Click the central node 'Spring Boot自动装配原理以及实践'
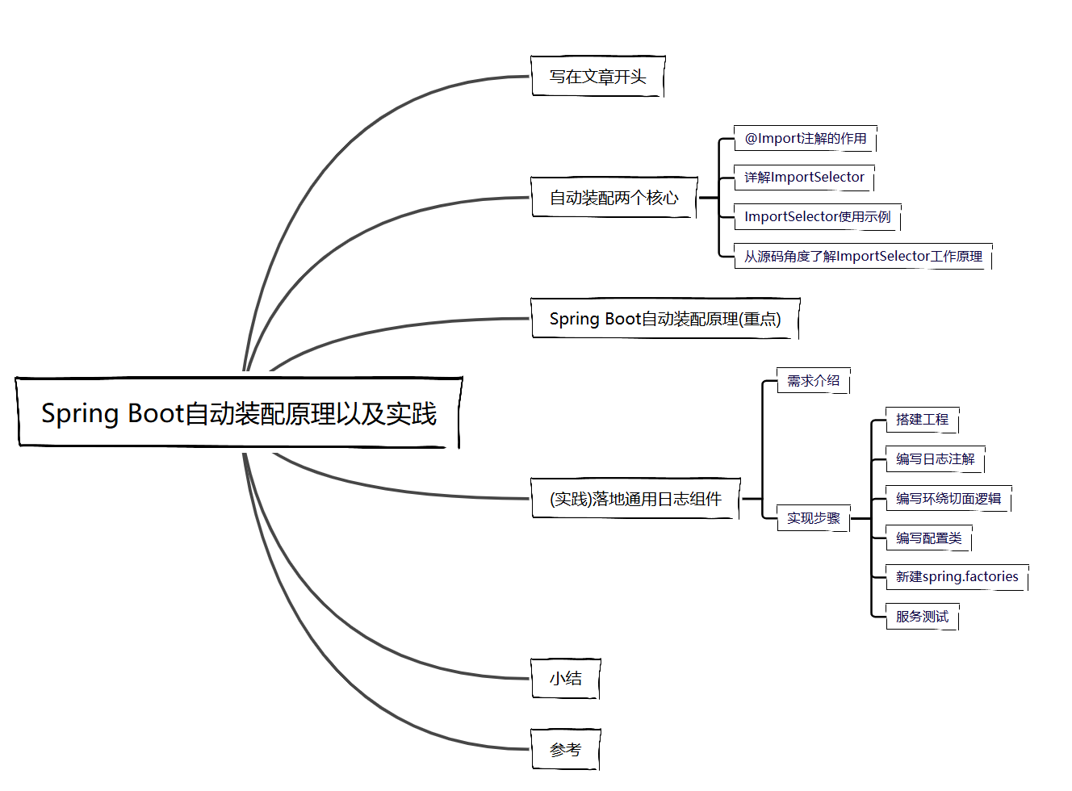pos(239,412)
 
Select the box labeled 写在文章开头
pos(597,77)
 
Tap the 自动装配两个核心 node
pos(613,198)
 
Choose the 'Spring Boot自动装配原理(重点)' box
pos(665,319)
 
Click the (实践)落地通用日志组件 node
pos(635,499)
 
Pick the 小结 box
pos(565,678)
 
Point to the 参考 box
pos(565,750)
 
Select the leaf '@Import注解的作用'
pos(805,138)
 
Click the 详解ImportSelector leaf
pos(804,177)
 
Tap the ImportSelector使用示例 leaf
pos(817,216)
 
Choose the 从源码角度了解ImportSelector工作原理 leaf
pos(863,256)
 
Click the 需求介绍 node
pos(813,380)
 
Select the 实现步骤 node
pos(813,518)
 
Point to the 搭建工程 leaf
pos(922,419)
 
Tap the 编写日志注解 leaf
pos(935,458)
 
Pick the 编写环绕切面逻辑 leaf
pos(948,498)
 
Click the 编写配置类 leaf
pos(928,538)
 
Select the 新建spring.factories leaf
pos(957,576)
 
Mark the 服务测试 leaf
pos(922,616)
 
